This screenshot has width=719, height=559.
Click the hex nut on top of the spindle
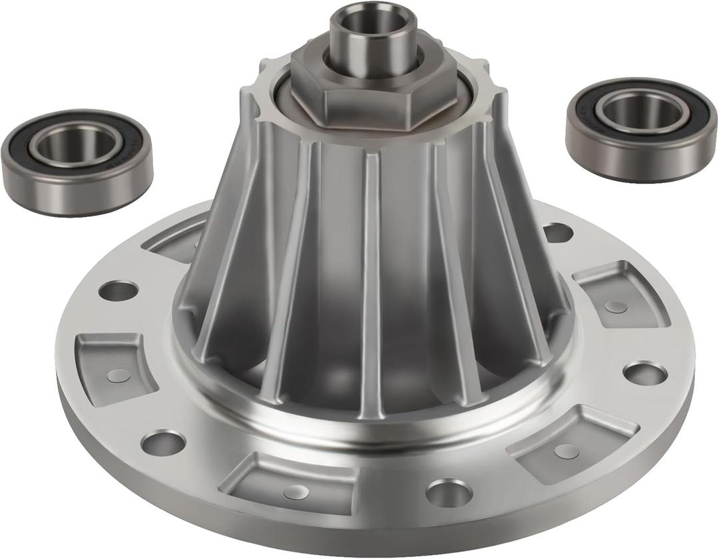coord(373,100)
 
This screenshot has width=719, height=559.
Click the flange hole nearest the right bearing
coord(558,232)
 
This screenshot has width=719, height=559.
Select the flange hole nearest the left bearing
coord(119,290)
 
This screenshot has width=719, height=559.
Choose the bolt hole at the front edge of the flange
coord(449,492)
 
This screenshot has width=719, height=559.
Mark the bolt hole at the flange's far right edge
coord(644,373)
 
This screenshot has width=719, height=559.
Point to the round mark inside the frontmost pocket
coord(296,492)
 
